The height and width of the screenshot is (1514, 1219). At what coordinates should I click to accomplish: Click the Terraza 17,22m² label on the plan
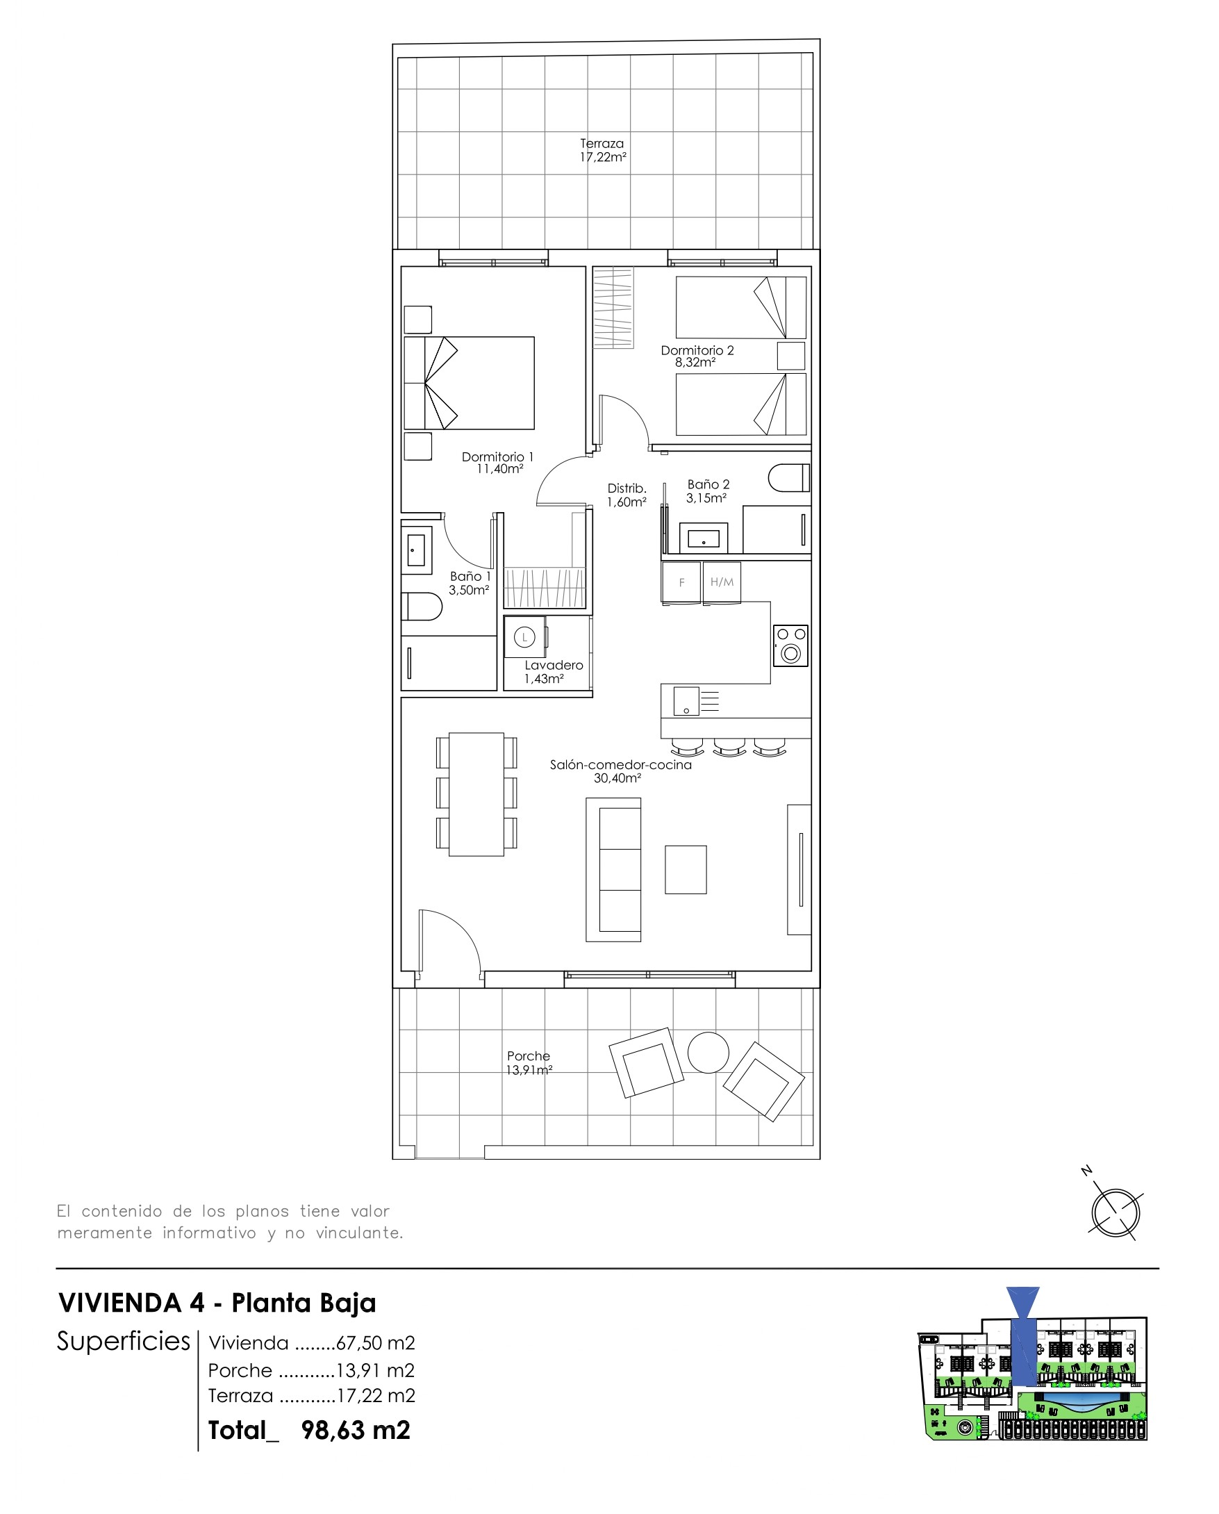point(602,150)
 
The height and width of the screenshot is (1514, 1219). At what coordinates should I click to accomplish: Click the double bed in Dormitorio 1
point(469,383)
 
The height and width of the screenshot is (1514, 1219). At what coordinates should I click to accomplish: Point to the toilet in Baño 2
point(789,478)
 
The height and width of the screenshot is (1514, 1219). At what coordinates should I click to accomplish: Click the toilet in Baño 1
point(422,607)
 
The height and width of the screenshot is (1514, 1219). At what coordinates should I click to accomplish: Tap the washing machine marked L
point(524,638)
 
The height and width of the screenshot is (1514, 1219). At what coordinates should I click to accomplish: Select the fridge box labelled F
point(681,582)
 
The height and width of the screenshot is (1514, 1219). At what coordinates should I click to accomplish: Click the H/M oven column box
point(722,582)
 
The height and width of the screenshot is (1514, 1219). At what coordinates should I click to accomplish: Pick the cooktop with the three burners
point(790,645)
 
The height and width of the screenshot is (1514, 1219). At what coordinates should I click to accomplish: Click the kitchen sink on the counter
point(686,701)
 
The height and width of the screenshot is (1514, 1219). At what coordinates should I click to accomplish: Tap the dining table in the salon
point(476,794)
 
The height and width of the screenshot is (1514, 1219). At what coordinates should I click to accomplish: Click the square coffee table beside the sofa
point(686,869)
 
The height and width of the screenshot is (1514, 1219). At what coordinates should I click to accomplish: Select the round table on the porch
point(708,1053)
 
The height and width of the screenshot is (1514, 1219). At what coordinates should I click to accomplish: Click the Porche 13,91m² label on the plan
point(529,1062)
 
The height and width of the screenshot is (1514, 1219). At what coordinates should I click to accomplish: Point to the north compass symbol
point(1115,1212)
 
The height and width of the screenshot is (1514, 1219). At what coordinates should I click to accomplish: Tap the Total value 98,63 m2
point(356,1431)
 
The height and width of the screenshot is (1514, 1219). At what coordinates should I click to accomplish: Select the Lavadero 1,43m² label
point(554,671)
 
